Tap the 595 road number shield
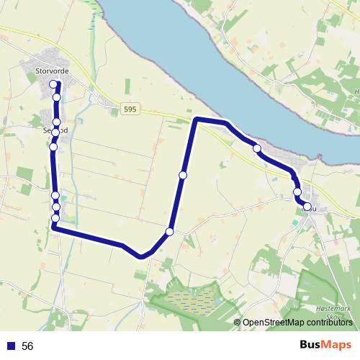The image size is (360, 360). pos(130,109)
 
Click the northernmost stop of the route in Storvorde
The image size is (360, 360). pos(53,84)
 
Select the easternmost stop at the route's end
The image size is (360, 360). pos(307,207)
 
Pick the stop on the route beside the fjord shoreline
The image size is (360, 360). pos(256,148)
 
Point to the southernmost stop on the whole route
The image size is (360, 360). pos(169,232)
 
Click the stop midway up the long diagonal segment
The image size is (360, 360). pos(183,175)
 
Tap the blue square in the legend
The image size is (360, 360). pos(11,346)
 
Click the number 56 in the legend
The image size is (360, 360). pos(28,346)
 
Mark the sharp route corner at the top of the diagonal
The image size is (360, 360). pos(196,120)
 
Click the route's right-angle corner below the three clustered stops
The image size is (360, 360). pos(54,228)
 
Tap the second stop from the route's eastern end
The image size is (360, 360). pos(297,192)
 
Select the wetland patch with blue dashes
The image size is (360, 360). pos(191,297)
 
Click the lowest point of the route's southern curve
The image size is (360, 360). pos(143,256)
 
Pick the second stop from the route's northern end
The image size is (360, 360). pos(56,97)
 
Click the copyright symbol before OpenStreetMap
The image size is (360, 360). pos(237,322)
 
